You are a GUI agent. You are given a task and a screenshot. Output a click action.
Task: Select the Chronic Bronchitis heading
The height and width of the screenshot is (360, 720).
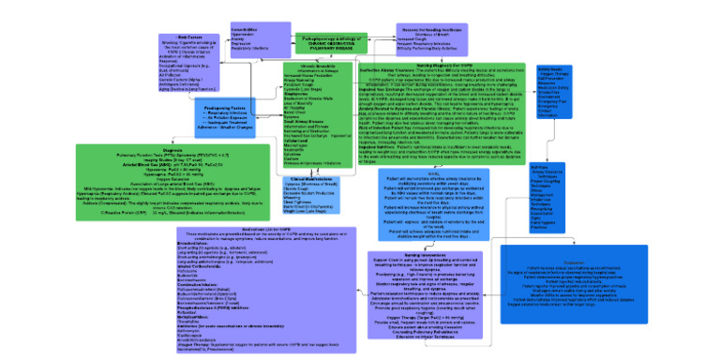coord(302,67)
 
